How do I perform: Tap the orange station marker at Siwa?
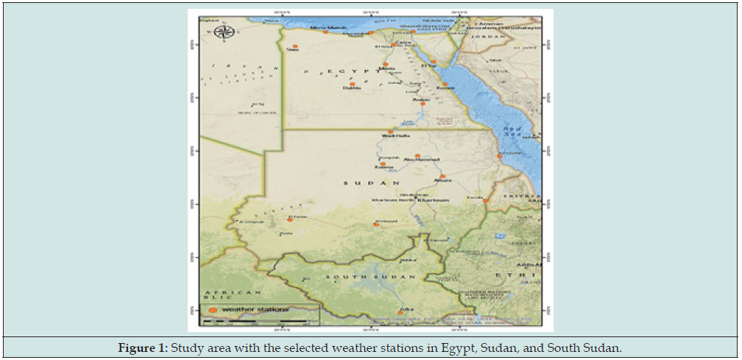(x=295, y=46)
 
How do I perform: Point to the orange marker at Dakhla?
(x=353, y=84)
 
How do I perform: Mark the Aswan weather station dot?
(x=423, y=104)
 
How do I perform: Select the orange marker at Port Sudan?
(x=500, y=156)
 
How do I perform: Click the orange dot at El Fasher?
(x=290, y=220)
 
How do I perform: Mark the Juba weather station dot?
(x=400, y=313)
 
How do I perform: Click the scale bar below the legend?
(x=254, y=321)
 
